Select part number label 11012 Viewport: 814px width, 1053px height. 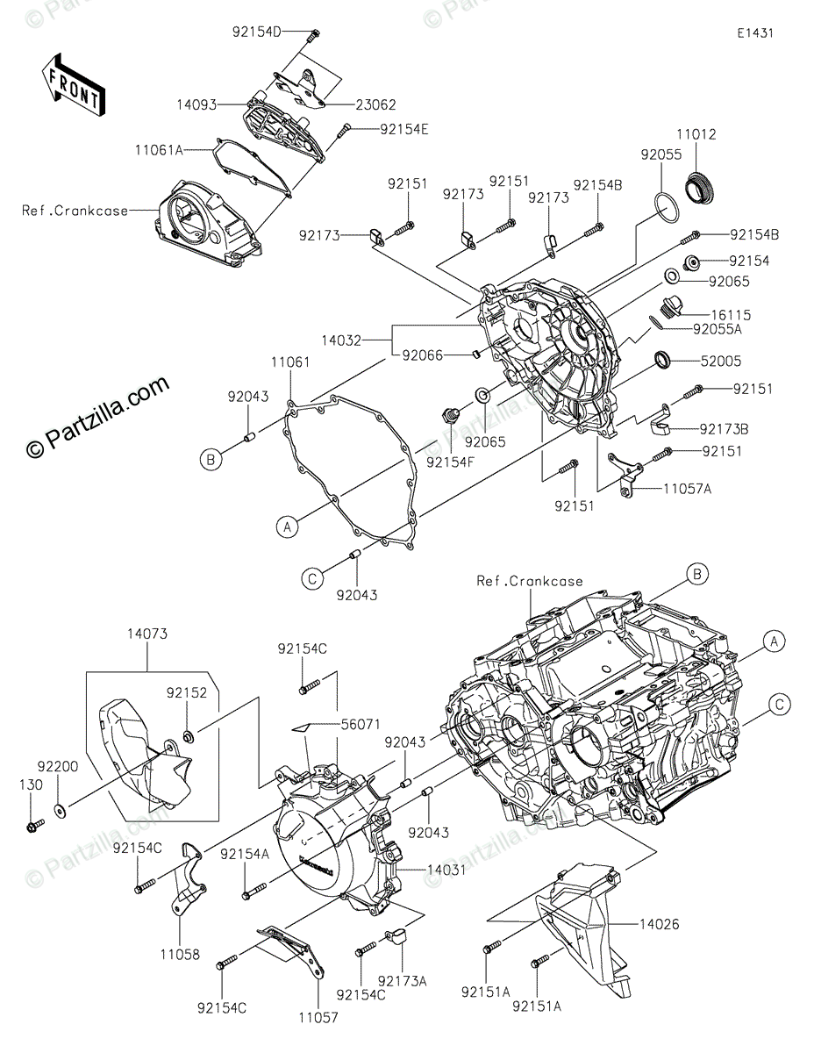click(x=696, y=135)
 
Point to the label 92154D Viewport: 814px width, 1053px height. click(x=257, y=32)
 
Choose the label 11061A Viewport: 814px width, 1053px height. click(x=159, y=150)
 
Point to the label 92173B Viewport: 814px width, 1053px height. click(x=723, y=429)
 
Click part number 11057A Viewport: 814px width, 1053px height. click(x=687, y=490)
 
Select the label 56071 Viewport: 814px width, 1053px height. click(x=361, y=725)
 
